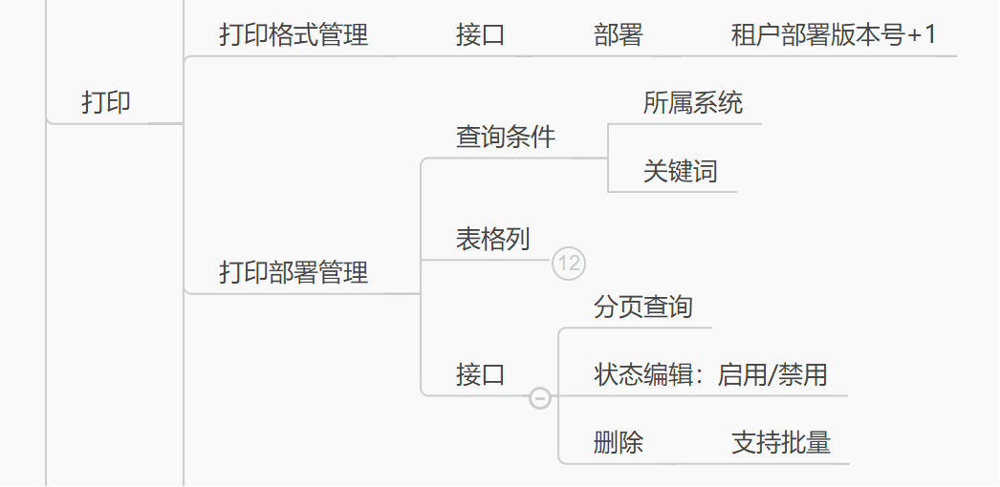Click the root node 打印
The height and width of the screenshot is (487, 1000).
point(106,103)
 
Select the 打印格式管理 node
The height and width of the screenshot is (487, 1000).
point(293,36)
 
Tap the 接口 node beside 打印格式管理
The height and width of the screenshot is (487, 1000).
point(480,36)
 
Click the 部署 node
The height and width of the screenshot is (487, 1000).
point(618,36)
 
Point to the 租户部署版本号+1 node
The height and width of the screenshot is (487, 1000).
point(833,36)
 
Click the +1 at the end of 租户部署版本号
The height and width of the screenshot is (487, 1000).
point(923,36)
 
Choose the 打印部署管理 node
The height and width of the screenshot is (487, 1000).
point(293,273)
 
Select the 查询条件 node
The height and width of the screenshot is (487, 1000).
point(506,138)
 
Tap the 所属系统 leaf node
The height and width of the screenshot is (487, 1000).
point(693,103)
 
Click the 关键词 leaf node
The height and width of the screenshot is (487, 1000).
point(680,172)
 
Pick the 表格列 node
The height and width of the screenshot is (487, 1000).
point(492,239)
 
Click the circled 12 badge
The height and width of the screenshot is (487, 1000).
point(569,263)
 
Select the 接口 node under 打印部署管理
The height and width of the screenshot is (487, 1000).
point(480,375)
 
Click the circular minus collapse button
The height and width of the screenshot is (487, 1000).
point(540,396)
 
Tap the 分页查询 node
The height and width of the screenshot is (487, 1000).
point(642,307)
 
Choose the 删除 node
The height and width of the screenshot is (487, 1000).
point(619,443)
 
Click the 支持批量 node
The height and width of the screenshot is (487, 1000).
point(781,443)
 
